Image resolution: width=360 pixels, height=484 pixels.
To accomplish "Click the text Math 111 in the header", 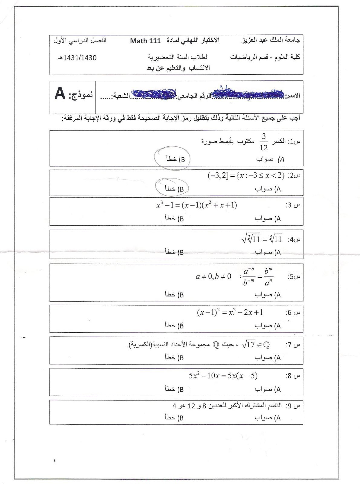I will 145,41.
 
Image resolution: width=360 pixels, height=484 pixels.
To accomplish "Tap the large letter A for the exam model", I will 60,93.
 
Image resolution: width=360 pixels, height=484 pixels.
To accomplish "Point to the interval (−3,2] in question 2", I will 217,175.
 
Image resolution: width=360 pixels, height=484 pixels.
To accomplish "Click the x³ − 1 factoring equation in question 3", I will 196,205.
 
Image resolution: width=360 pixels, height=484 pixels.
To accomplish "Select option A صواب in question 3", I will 268,218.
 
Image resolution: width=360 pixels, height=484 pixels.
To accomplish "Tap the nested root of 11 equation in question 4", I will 262,240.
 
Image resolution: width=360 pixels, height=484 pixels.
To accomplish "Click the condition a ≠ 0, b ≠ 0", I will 213,276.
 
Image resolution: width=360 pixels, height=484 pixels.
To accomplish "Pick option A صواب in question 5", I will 268,295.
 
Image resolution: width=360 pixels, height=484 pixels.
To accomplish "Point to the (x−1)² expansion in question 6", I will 230,312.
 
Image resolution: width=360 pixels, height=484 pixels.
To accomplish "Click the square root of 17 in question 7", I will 249,345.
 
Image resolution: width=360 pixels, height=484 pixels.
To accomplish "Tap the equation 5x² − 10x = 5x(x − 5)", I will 223,376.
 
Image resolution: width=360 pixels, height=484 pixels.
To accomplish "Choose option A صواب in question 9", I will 268,418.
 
